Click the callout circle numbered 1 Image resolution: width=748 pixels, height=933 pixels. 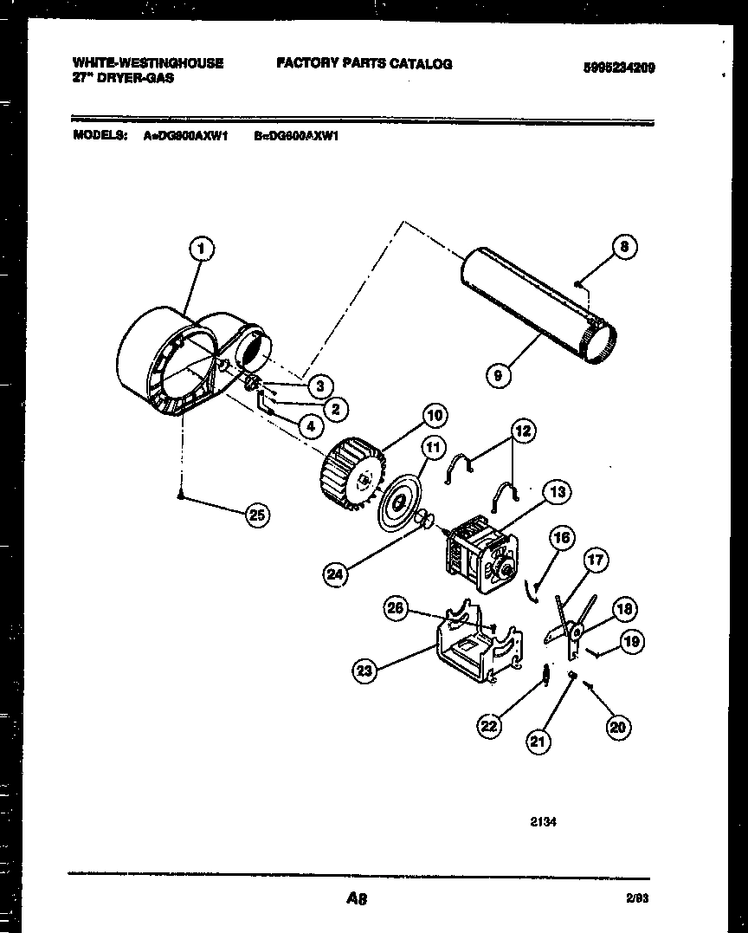[201, 249]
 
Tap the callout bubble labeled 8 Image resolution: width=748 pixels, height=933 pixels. [623, 248]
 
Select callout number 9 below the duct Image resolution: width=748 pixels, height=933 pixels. [498, 375]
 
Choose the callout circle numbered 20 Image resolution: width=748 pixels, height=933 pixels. [616, 727]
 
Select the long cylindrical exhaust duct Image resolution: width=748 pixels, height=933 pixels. [528, 300]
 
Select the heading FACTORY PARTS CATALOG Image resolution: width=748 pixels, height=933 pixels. [364, 63]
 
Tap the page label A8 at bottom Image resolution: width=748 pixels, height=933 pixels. [357, 899]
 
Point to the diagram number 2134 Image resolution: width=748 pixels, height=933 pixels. [543, 821]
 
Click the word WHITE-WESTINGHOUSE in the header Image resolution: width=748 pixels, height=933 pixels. [148, 63]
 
